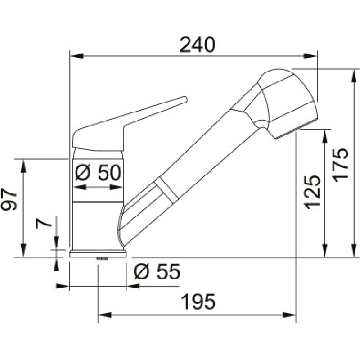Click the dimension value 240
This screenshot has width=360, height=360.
[198, 45]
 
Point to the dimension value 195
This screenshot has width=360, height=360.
[198, 301]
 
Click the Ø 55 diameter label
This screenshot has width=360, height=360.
[157, 271]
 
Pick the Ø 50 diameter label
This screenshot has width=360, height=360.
[98, 172]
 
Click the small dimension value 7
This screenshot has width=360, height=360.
[42, 222]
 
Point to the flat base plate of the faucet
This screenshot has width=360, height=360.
[98, 254]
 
